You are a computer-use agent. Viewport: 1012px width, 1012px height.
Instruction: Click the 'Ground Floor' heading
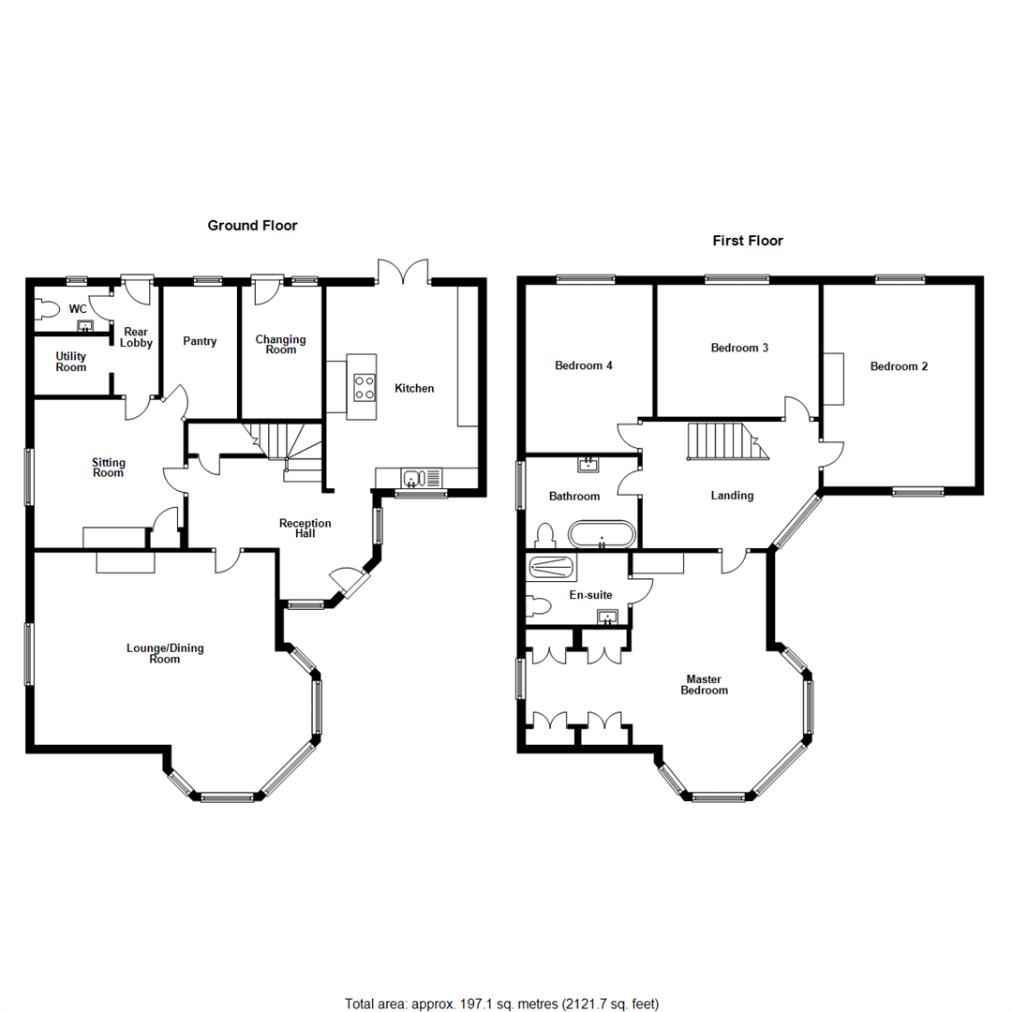click(252, 225)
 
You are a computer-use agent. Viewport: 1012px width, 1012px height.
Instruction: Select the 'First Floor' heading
click(748, 241)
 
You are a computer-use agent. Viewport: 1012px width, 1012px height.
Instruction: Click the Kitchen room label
click(414, 388)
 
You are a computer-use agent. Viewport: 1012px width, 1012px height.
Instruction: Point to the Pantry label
click(200, 341)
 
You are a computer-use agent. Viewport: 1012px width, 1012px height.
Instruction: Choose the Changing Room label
click(281, 344)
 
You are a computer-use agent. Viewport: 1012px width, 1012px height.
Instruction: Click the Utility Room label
click(71, 362)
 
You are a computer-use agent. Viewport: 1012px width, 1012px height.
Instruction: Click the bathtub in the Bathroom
click(602, 536)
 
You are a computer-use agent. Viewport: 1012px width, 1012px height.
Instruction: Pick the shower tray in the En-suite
click(552, 567)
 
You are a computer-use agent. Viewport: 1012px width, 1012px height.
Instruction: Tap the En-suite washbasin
click(608, 617)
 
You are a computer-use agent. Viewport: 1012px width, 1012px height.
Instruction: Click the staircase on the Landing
click(725, 441)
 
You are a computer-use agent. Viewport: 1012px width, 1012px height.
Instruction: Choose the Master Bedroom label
click(707, 684)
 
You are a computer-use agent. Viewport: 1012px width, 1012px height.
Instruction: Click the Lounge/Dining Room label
click(165, 653)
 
